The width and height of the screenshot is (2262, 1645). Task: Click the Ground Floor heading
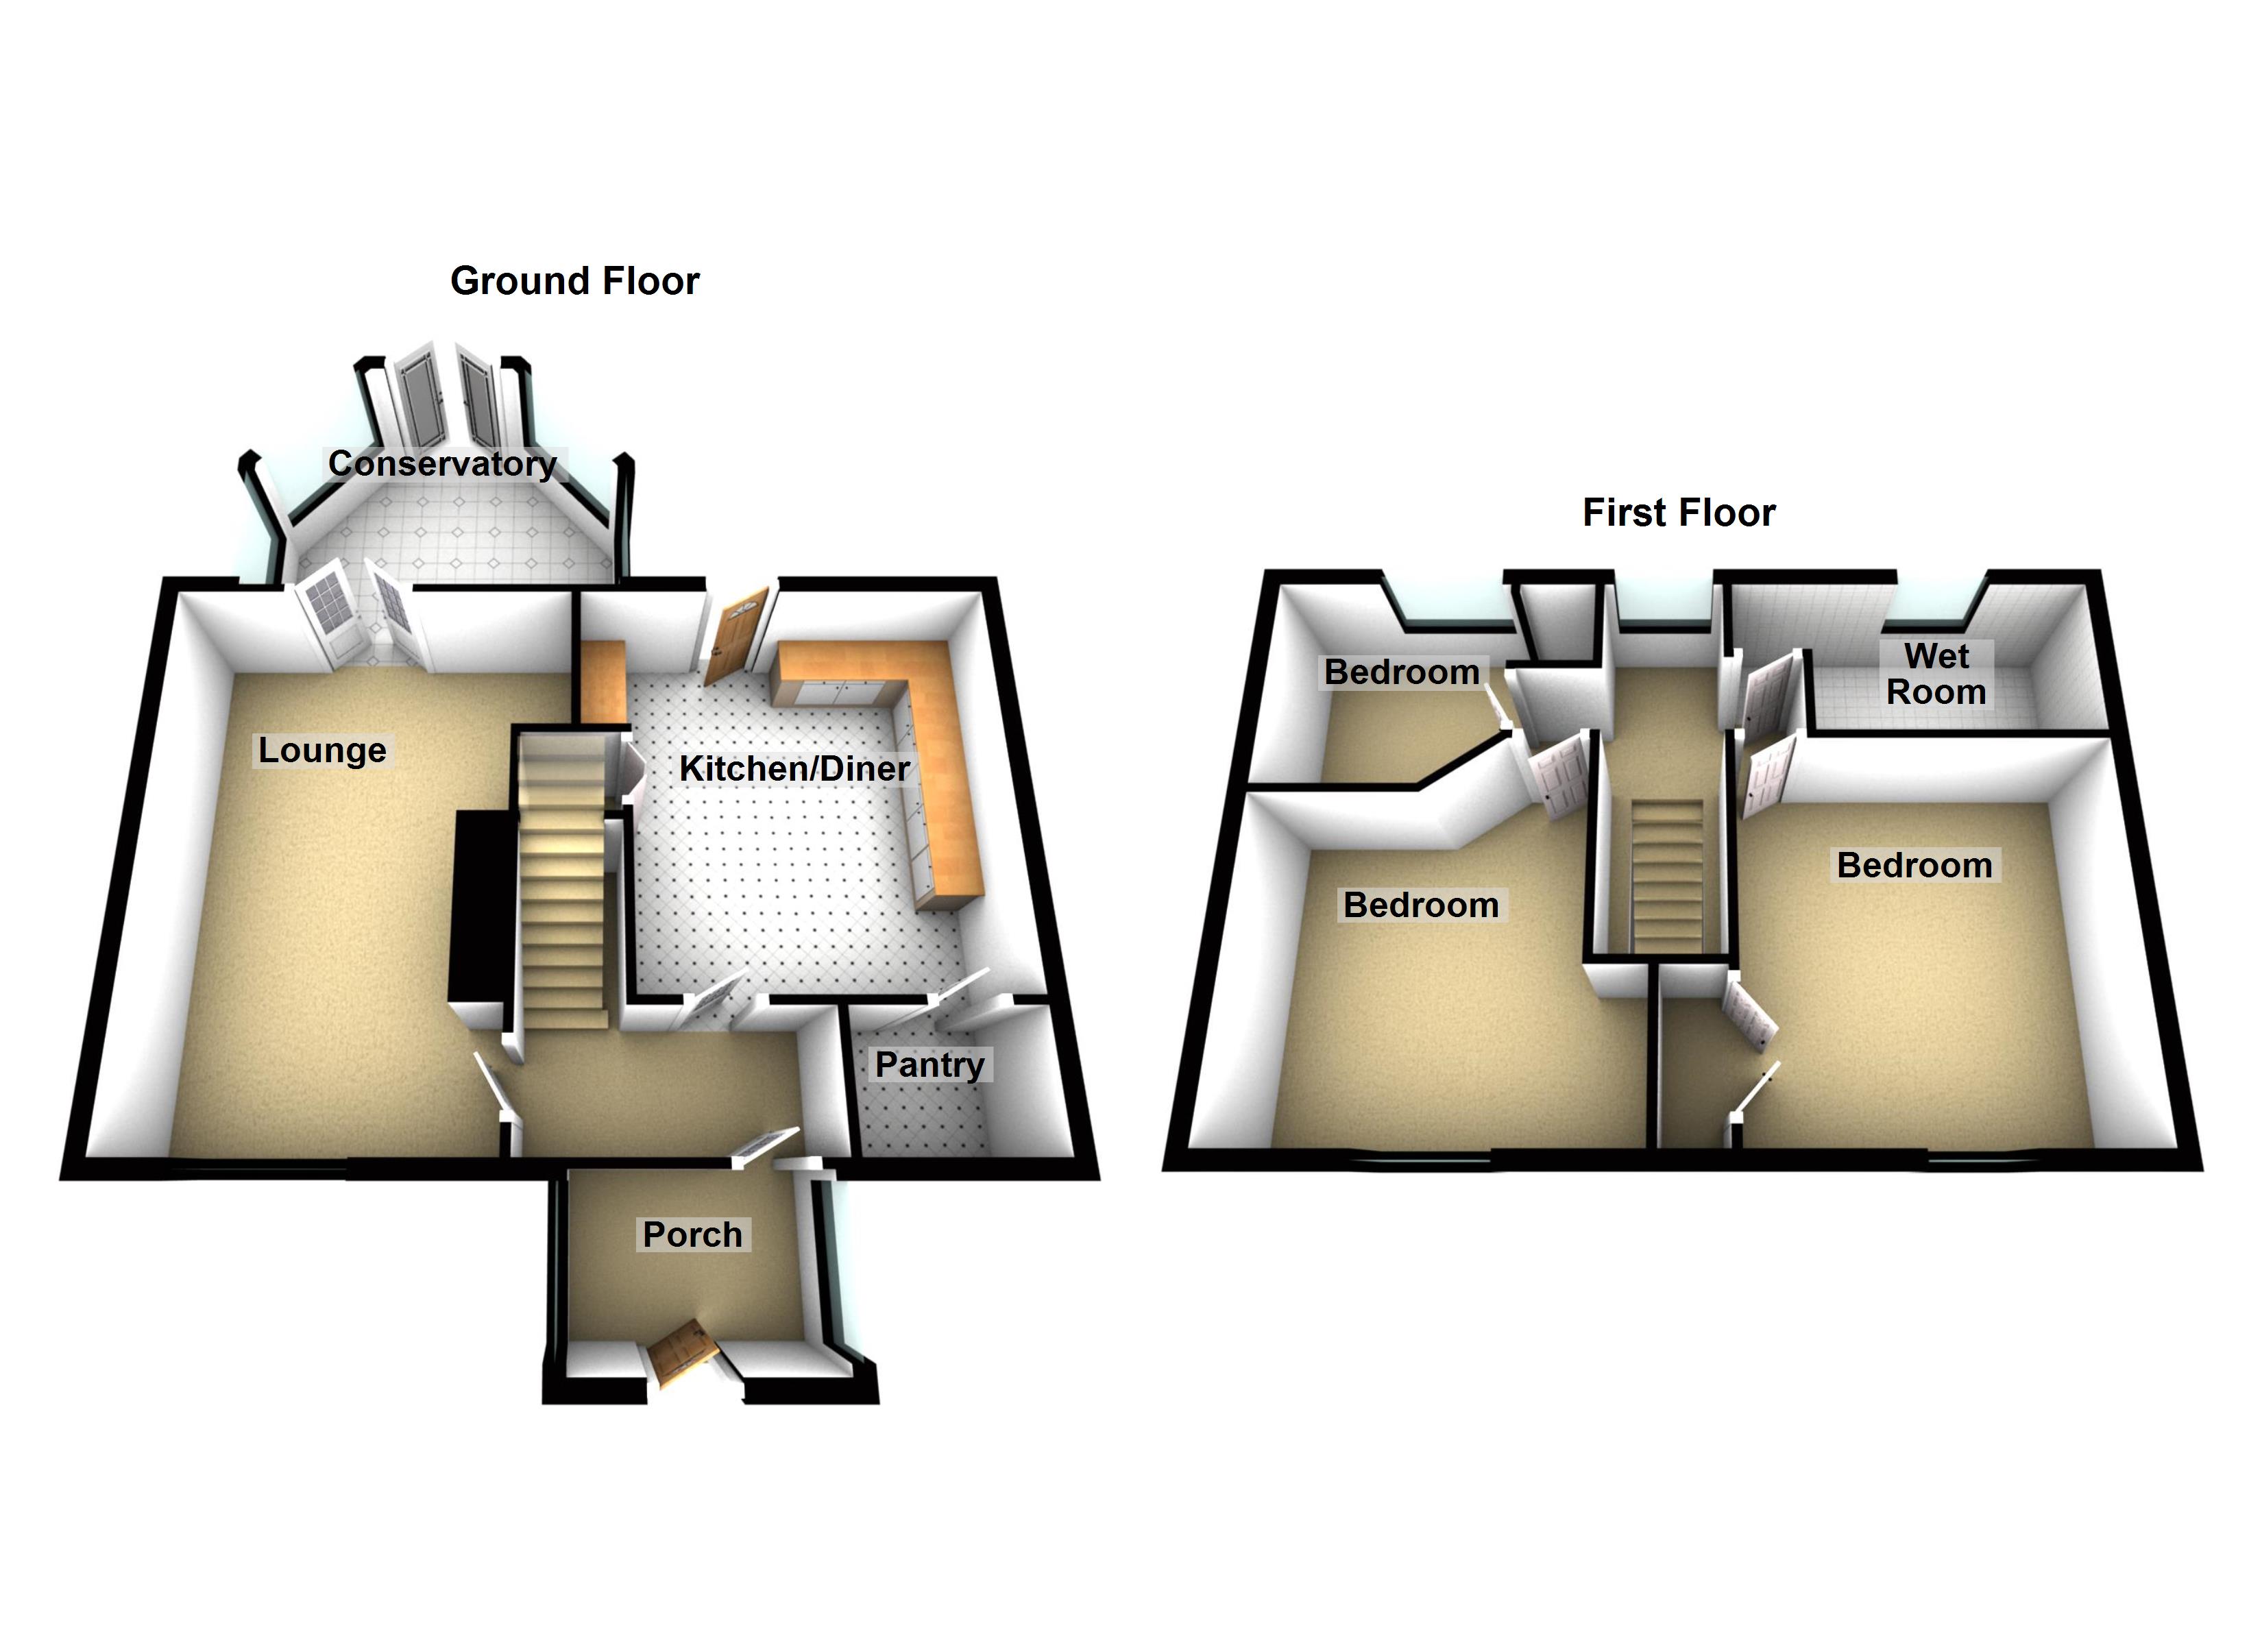tap(574, 281)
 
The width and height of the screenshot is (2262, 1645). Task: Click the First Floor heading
tap(1679, 513)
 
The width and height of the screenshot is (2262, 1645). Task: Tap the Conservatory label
tap(442, 464)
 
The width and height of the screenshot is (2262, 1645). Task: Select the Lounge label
tap(322, 750)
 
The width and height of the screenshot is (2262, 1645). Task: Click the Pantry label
tap(929, 1064)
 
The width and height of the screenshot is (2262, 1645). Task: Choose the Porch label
tap(692, 1235)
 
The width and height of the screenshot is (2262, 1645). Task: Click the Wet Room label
tap(1936, 674)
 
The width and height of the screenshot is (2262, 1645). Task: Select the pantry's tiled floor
tap(923, 1117)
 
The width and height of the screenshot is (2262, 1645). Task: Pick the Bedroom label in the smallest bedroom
tap(1401, 672)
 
